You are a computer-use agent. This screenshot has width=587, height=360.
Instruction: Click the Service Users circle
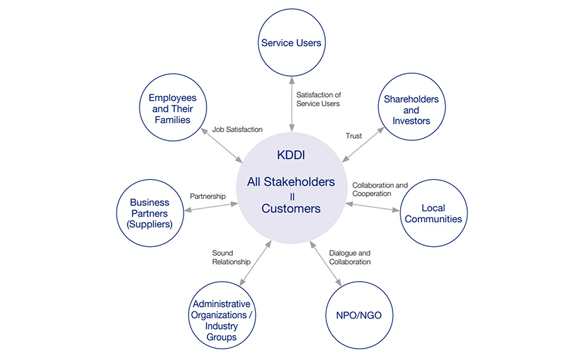point(291,43)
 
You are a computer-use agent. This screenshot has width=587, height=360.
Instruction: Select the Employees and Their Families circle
point(173,109)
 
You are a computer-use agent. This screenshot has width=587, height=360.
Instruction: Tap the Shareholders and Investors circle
point(411,110)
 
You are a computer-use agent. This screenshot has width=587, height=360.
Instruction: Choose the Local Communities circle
point(433,213)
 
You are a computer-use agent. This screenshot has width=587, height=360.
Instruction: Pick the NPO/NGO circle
point(359,316)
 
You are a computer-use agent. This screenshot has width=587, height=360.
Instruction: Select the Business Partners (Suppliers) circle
point(150,213)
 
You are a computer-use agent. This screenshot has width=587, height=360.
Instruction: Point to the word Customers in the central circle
point(291,208)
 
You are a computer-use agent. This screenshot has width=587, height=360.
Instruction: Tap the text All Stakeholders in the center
point(291,183)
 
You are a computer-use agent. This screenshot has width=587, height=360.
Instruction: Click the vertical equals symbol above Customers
point(291,196)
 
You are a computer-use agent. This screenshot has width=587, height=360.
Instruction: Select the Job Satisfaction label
point(237,129)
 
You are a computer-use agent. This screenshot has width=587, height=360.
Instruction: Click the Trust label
point(353,136)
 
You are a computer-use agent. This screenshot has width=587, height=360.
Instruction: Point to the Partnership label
point(208,196)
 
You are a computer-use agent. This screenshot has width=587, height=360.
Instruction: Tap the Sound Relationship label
point(231,258)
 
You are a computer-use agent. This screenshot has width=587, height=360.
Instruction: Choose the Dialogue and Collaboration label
point(350,258)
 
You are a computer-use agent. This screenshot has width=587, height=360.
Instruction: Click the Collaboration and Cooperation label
point(380,190)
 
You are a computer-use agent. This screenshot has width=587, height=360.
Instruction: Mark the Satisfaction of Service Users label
point(319,99)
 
